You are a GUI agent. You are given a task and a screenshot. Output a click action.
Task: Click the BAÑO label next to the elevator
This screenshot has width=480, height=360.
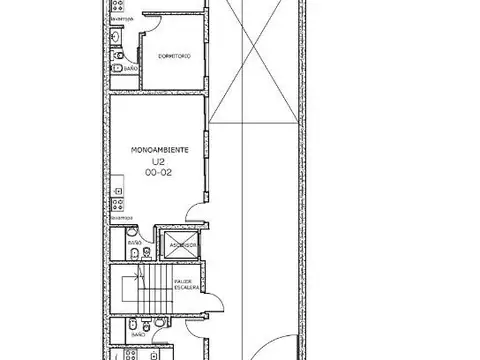pyautogui.click(x=134, y=243)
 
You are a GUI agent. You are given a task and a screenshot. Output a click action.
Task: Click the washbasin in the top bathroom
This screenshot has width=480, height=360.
pyautogui.click(x=118, y=39)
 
